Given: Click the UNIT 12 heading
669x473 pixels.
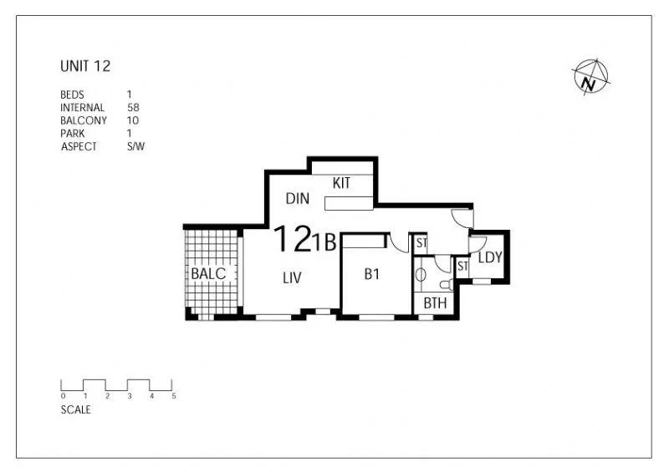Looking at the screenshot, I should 85,66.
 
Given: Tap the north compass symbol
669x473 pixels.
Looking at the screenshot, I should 590,76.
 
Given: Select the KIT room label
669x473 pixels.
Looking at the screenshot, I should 341,183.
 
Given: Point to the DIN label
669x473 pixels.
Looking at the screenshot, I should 298,199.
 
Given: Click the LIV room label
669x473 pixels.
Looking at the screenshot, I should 291,278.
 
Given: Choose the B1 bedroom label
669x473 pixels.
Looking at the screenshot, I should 372,273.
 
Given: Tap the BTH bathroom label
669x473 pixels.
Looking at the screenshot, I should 435,303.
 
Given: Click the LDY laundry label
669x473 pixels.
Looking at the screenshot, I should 490,257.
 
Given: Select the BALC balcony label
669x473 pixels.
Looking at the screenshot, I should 208,273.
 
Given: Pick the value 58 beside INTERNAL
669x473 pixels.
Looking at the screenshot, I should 132,108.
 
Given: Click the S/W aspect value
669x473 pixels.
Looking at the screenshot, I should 135,145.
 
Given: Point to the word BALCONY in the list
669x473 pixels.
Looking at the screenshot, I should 84,120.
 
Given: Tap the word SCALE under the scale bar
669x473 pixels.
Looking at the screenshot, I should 76,410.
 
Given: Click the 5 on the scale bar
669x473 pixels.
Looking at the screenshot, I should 174,396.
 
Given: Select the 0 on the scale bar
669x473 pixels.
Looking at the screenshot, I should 63,396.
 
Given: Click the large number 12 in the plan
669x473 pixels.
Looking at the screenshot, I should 293,240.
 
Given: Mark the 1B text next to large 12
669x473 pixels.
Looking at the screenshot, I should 324,243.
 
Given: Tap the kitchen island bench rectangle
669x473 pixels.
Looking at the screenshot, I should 349,203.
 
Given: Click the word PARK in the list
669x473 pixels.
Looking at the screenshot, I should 73,133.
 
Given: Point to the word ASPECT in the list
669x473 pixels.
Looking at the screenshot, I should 79,145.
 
